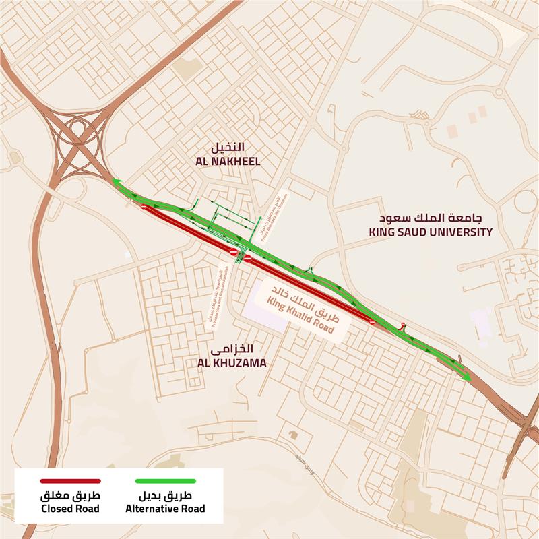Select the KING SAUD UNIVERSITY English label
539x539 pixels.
pyautogui.click(x=431, y=232)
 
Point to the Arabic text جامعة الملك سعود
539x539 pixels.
pyautogui.click(x=431, y=218)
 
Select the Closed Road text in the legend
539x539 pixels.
pyautogui.click(x=70, y=509)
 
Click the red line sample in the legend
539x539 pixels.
pyautogui.click(x=70, y=481)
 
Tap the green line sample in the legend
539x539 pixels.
pyautogui.click(x=165, y=481)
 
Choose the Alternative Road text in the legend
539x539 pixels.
pyautogui.click(x=165, y=509)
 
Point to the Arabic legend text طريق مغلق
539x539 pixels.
pyautogui.click(x=70, y=496)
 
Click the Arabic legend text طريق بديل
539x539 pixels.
pyautogui.click(x=165, y=496)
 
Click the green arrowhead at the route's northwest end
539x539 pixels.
pyautogui.click(x=117, y=181)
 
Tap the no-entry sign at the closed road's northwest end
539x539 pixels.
pyautogui.click(x=144, y=207)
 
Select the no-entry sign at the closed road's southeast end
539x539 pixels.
pyautogui.click(x=373, y=323)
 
